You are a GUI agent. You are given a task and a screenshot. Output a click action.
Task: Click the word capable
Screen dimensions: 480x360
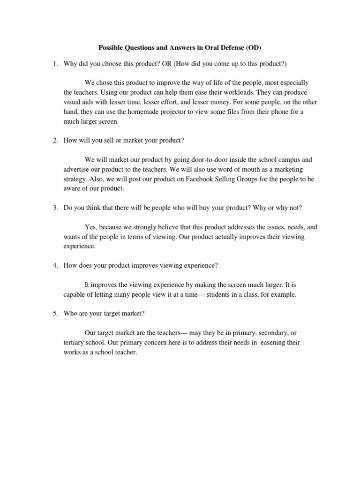tap(74, 295)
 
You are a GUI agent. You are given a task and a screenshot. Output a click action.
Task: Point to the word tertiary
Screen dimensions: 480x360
tap(74, 343)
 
